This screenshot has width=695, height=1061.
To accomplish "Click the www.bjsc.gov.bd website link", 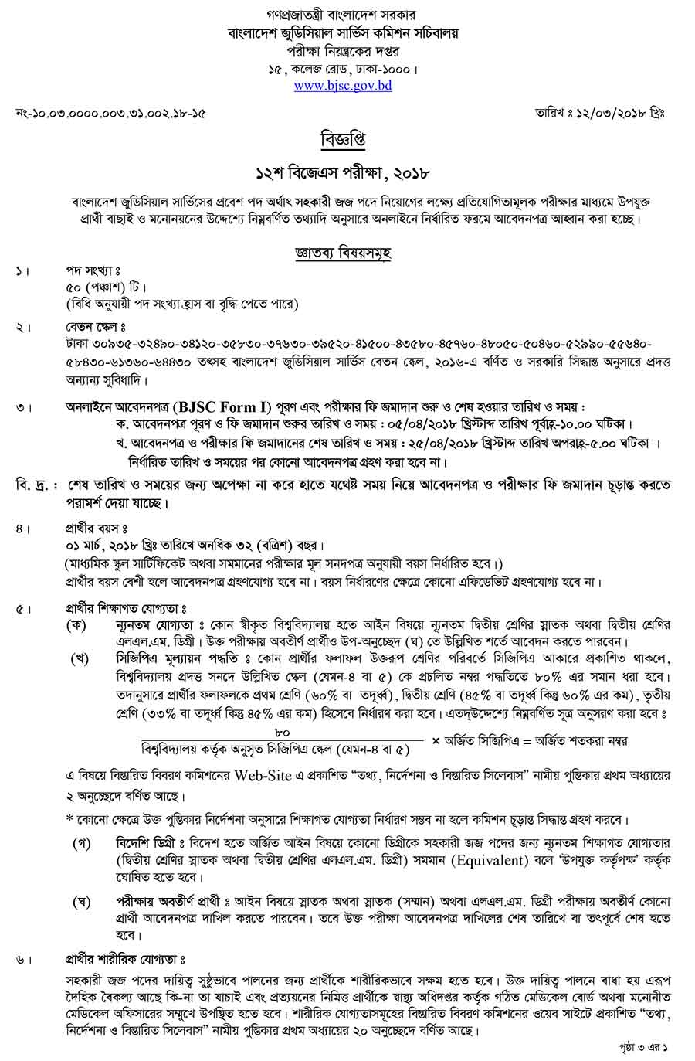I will [343, 86].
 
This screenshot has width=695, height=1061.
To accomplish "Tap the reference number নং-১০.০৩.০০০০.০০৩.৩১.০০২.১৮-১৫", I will [110, 113].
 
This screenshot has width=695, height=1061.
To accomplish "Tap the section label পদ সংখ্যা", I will [93, 271].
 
